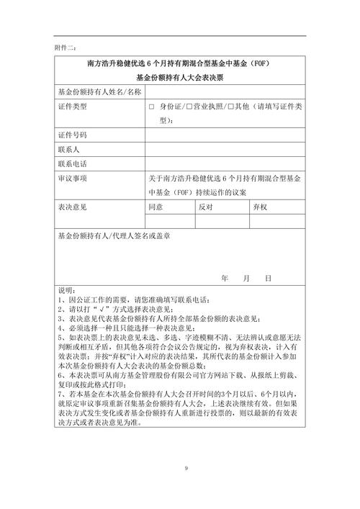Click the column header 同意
pos(156,207)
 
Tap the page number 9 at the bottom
pos(186,469)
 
